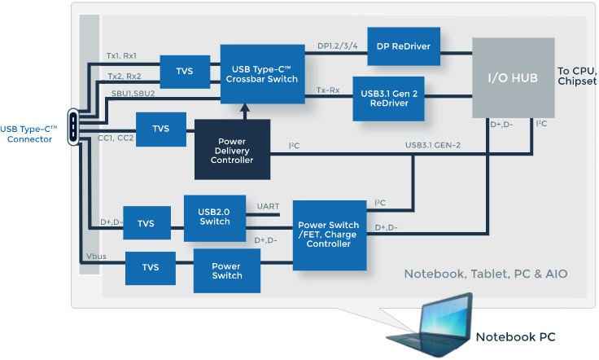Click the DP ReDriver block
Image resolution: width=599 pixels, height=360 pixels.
click(404, 46)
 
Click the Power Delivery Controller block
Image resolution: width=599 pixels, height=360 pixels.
click(232, 148)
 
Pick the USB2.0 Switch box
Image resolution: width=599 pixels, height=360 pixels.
click(215, 217)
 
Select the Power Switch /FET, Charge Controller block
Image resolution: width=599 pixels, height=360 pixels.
click(329, 235)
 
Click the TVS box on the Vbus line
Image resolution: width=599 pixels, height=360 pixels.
click(151, 267)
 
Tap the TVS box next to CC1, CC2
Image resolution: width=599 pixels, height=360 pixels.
click(161, 128)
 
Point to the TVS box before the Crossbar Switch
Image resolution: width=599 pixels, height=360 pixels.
click(185, 72)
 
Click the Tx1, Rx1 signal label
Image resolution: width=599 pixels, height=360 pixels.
click(122, 56)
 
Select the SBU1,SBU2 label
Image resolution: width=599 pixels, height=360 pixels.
click(133, 93)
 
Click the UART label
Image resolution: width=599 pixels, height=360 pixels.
click(267, 206)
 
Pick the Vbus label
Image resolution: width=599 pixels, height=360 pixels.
click(96, 257)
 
